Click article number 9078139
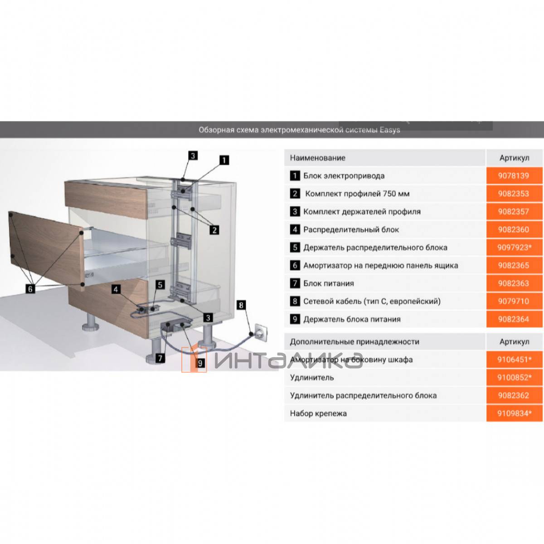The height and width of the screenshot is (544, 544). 513,176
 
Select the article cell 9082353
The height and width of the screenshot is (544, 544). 514,194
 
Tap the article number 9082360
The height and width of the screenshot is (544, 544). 513,229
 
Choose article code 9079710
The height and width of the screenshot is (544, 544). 513,301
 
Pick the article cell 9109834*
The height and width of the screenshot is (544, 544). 514,413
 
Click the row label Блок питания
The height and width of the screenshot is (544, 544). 328,283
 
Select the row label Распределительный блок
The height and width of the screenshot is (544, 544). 351,229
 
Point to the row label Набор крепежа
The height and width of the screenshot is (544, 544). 318,413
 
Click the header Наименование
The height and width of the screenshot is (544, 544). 318,158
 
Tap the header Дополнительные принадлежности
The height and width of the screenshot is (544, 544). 355,342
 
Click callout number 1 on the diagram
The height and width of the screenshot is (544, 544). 224,160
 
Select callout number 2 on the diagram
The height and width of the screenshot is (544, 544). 214,230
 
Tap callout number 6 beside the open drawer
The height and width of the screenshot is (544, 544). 30,289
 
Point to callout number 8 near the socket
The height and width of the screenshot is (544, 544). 241,305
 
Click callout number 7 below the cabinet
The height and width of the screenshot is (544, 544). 160,358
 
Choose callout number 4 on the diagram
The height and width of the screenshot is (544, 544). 116,289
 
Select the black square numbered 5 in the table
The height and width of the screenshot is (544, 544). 295,248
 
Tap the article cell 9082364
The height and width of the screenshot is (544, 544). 514,319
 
